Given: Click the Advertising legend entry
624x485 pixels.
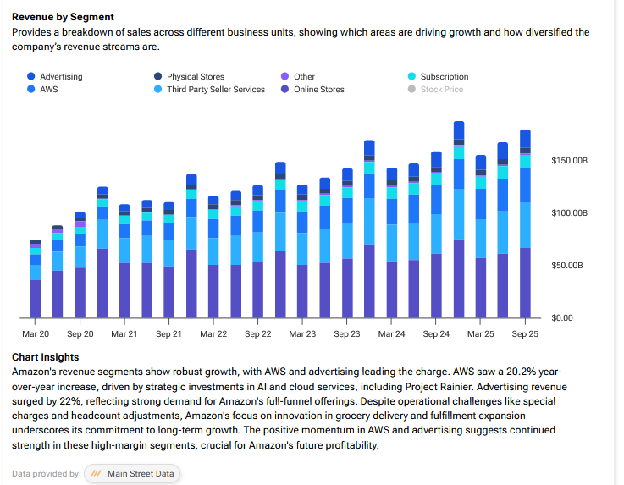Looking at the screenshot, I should [60, 77].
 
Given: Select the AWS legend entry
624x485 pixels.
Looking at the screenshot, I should [49, 89].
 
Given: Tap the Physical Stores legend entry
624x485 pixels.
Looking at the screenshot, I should [195, 77].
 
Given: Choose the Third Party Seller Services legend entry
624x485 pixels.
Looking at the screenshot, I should [215, 89].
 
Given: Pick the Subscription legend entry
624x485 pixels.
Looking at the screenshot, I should [444, 77].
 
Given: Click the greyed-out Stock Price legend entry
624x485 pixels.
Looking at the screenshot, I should [441, 89].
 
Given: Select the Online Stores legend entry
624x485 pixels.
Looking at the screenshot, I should [318, 89].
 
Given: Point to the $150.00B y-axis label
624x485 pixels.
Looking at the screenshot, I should [569, 160].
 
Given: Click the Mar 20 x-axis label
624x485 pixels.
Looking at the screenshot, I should [36, 334].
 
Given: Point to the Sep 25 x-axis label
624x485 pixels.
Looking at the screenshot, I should [524, 334].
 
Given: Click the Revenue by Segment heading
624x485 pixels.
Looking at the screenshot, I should [64, 17].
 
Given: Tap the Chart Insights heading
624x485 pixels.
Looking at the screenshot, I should [45, 357].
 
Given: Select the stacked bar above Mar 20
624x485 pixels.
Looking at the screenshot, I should [36, 279].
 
